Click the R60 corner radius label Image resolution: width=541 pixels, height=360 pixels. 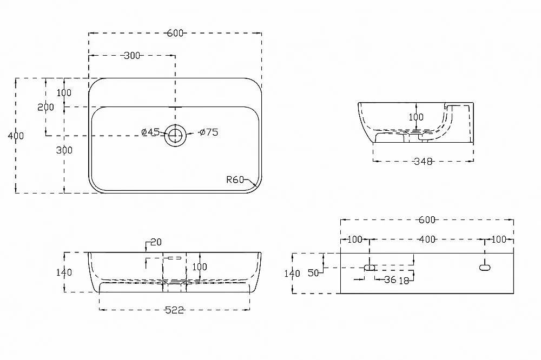click(x=235, y=179)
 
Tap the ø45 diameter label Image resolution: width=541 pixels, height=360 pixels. click(x=150, y=132)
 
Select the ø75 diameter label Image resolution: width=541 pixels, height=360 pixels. click(x=209, y=132)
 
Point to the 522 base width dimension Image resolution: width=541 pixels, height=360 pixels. click(x=175, y=310)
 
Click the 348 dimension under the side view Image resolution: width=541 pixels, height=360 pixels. click(x=423, y=162)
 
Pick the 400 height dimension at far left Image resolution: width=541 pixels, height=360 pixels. click(x=16, y=136)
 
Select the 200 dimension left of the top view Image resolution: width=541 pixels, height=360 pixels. click(x=45, y=107)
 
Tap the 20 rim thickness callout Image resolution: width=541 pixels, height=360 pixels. click(x=156, y=242)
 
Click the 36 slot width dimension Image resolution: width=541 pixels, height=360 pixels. click(x=390, y=279)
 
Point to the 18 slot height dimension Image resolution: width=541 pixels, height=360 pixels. click(x=404, y=281)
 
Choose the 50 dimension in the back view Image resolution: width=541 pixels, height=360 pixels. click(x=313, y=273)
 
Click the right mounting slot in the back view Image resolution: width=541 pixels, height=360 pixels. click(x=485, y=267)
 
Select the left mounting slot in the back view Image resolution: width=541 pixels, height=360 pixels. click(x=370, y=267)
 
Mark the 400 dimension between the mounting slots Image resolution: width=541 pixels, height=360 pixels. click(x=427, y=239)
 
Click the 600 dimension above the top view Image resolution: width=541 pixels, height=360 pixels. click(x=175, y=33)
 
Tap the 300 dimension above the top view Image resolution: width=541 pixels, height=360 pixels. click(x=132, y=56)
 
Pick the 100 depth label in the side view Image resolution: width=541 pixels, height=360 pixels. click(x=416, y=117)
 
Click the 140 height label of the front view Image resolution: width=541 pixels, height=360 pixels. click(x=64, y=272)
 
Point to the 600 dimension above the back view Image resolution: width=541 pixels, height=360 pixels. click(x=427, y=219)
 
